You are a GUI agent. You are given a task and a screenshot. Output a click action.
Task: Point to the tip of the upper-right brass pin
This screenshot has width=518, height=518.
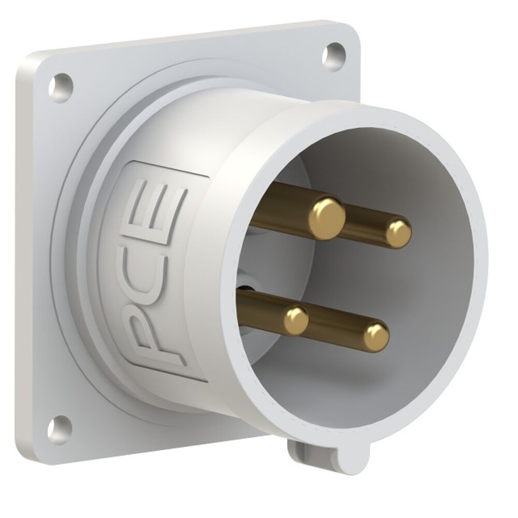click(398, 233)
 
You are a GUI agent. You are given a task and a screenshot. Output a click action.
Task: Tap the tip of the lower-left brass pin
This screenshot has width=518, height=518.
click(296, 320)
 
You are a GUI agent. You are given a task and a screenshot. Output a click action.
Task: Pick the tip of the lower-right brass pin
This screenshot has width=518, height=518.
click(376, 337)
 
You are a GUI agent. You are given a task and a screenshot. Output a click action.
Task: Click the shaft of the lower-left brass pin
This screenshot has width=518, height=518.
click(259, 306)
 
